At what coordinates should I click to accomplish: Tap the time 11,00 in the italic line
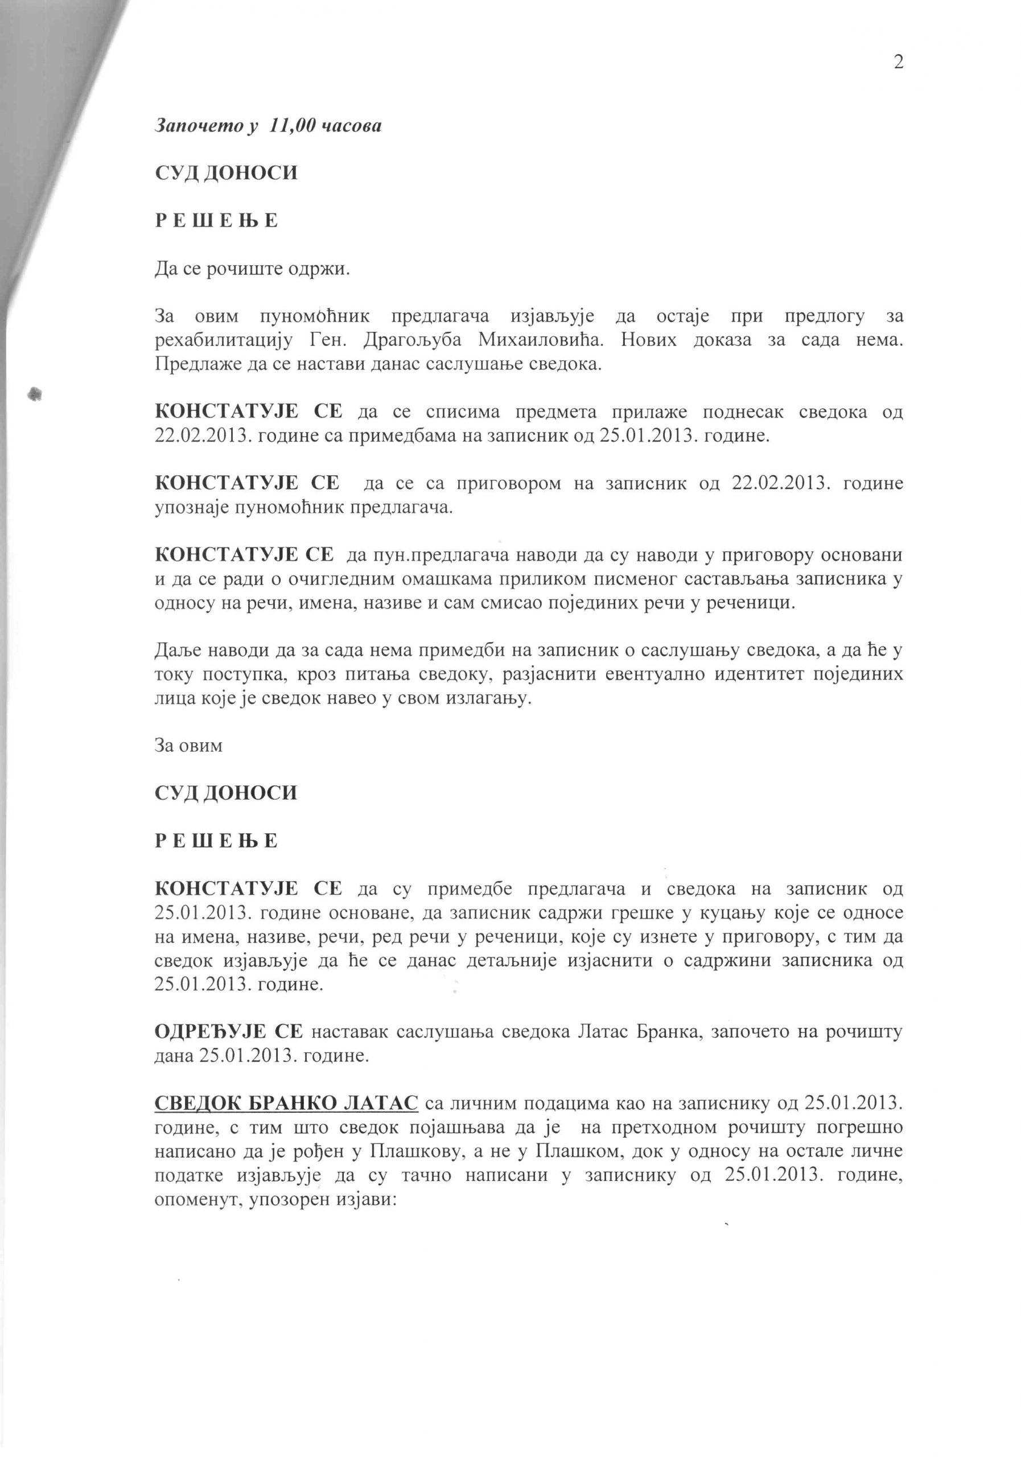[x=290, y=126]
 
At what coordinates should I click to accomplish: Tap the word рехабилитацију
[x=223, y=340]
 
